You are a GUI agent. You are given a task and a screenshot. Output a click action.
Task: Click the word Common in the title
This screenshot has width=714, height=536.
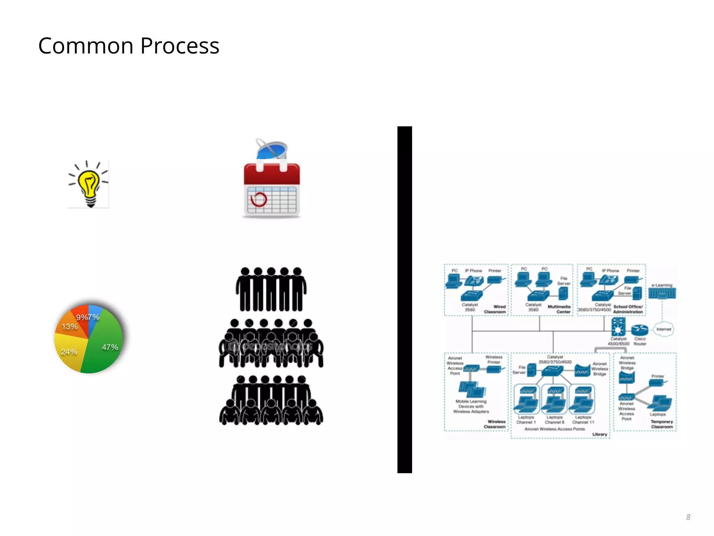[x=86, y=46]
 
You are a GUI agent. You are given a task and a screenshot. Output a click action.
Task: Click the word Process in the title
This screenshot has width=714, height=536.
[x=180, y=46]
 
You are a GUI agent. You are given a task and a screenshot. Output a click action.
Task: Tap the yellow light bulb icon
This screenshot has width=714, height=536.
[x=89, y=184]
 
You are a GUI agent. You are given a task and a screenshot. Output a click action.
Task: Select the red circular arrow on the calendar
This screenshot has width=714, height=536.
[x=259, y=200]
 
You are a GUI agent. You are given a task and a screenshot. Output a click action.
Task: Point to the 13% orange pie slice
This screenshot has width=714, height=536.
[x=70, y=327]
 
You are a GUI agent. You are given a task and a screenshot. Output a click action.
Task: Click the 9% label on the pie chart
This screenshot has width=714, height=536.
[x=82, y=317]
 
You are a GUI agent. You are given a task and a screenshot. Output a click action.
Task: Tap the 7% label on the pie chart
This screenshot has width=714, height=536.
[x=94, y=317]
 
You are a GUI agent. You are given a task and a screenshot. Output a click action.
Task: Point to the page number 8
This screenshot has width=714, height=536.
[x=688, y=517]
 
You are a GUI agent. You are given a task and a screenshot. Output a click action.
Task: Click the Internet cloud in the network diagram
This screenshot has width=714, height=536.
[x=663, y=329]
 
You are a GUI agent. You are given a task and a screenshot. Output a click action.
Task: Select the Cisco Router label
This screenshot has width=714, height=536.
[x=640, y=341]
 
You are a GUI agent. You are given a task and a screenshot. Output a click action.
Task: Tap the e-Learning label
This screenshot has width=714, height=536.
[x=662, y=285]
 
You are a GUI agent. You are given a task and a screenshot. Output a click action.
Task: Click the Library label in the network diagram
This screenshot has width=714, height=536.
[x=600, y=434]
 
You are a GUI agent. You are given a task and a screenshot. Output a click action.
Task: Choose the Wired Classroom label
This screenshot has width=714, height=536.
[x=495, y=309]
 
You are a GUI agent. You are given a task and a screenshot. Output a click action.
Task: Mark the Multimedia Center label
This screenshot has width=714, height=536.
[x=559, y=309]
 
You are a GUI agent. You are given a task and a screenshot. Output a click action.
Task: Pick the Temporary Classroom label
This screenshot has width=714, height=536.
[x=662, y=424]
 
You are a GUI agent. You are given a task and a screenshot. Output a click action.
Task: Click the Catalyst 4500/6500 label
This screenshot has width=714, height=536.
[x=618, y=341]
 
